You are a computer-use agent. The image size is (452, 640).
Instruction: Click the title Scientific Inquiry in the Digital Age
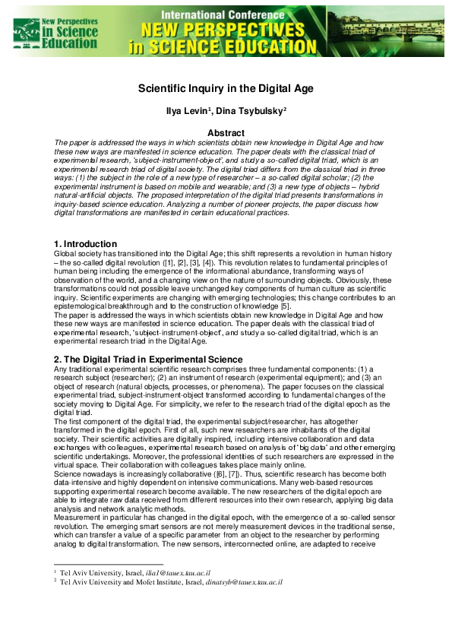[x=226, y=88]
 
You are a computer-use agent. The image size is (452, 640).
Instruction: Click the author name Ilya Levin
[x=187, y=111]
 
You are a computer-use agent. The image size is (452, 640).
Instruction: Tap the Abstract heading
[x=226, y=132]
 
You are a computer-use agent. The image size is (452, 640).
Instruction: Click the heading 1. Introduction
[x=81, y=243]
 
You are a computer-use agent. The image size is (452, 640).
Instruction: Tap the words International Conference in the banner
[x=226, y=13]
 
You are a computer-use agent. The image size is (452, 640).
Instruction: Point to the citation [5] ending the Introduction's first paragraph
[x=285, y=306]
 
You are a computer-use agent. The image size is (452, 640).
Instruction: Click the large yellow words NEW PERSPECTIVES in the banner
[x=226, y=30]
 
